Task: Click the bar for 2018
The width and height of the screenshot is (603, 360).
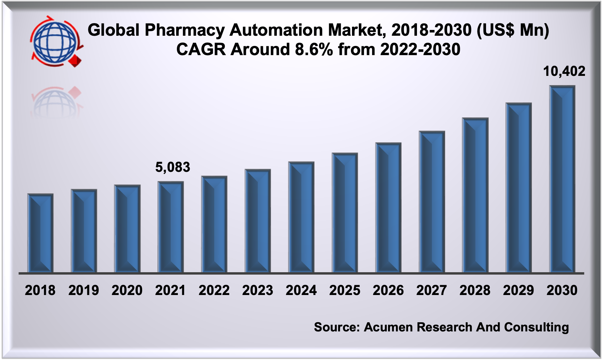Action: pyautogui.click(x=40, y=233)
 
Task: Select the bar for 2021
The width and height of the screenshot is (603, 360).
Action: pyautogui.click(x=171, y=227)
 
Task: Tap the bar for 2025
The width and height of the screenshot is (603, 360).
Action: pyautogui.click(x=345, y=213)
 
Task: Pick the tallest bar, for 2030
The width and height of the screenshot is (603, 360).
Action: pyautogui.click(x=562, y=179)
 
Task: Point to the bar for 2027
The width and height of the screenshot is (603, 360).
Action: pyautogui.click(x=432, y=202)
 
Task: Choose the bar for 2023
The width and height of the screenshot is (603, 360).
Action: pyautogui.click(x=258, y=221)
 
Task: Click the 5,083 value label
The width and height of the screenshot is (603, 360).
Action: pyautogui.click(x=172, y=167)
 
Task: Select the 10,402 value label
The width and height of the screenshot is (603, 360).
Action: pyautogui.click(x=564, y=71)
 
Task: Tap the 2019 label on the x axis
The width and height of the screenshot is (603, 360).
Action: pyautogui.click(x=84, y=290)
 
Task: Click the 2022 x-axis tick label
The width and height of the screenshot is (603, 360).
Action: pyautogui.click(x=214, y=290)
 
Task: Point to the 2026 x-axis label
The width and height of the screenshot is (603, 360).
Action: pyautogui.click(x=388, y=290)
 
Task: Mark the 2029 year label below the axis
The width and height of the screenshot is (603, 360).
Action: pyautogui.click(x=519, y=290)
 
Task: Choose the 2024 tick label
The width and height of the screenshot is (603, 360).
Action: pyautogui.click(x=301, y=290)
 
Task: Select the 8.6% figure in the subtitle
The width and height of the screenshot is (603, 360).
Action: pyautogui.click(x=314, y=50)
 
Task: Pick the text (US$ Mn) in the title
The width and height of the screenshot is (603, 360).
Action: pyautogui.click(x=513, y=30)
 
